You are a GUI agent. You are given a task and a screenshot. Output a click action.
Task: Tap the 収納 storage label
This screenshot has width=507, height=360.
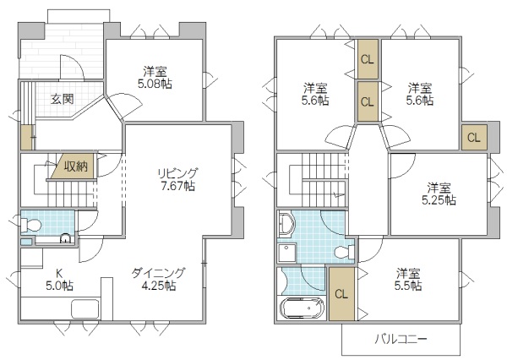tap(74, 166)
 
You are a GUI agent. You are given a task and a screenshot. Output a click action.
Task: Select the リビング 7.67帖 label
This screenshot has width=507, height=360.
tap(177, 179)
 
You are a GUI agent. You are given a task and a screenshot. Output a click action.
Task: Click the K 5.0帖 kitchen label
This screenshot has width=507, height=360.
tap(58, 279)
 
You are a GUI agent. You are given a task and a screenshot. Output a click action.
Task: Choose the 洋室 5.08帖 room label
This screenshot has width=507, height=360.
tap(154, 77)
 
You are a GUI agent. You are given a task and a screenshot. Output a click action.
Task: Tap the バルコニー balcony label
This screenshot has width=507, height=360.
tap(401, 340)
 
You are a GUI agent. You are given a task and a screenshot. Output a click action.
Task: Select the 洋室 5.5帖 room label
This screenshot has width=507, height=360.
tap(408, 280)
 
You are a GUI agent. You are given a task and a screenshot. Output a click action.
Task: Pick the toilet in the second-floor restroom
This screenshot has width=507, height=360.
tap(342, 252)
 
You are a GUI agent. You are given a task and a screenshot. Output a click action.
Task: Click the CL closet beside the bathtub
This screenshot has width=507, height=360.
tap(341, 294)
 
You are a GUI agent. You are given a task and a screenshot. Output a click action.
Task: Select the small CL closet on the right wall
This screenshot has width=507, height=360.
tap(473, 137)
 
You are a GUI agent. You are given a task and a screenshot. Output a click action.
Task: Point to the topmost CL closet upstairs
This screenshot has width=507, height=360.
tap(367, 59)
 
